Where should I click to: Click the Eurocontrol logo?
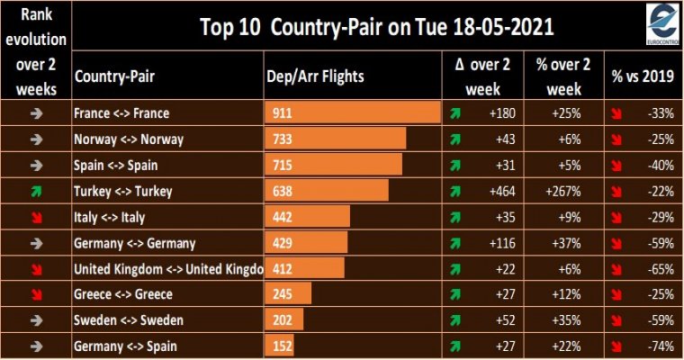click(662, 24)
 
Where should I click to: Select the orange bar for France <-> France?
click(353, 112)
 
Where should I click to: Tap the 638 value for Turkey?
click(283, 191)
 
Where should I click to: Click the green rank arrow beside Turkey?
click(37, 191)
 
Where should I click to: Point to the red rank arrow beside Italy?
click(37, 217)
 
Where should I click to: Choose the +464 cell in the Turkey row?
click(502, 191)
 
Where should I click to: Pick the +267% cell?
click(562, 191)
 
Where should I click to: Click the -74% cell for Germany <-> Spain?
click(661, 346)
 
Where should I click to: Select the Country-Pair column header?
click(114, 76)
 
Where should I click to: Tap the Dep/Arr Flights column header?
click(315, 76)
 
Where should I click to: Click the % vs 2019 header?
click(643, 76)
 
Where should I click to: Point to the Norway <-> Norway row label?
click(129, 139)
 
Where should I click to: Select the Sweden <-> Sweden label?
click(128, 320)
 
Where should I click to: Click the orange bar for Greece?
click(288, 294)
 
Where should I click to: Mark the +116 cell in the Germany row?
click(502, 243)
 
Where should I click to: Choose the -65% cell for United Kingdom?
click(661, 269)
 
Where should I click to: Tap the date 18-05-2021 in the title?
click(503, 27)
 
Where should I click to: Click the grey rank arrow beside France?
click(37, 113)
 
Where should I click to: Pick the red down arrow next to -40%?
click(616, 166)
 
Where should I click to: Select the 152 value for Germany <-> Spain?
click(283, 346)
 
